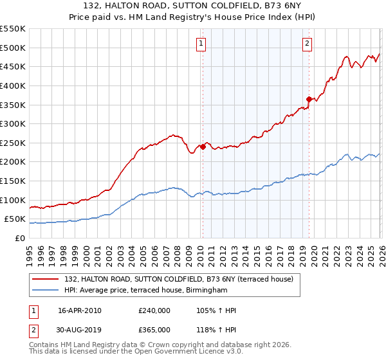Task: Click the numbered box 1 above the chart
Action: tap(201, 44)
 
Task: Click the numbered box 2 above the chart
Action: tap(307, 44)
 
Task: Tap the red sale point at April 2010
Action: tap(203, 147)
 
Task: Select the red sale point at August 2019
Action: tap(309, 99)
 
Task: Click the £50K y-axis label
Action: tap(15, 219)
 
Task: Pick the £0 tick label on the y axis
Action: tap(21, 238)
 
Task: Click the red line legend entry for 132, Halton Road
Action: tap(179, 279)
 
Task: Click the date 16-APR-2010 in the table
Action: tap(79, 310)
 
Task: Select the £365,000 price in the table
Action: tap(154, 330)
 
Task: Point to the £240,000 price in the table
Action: tap(154, 310)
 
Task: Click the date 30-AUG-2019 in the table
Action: tap(80, 330)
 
